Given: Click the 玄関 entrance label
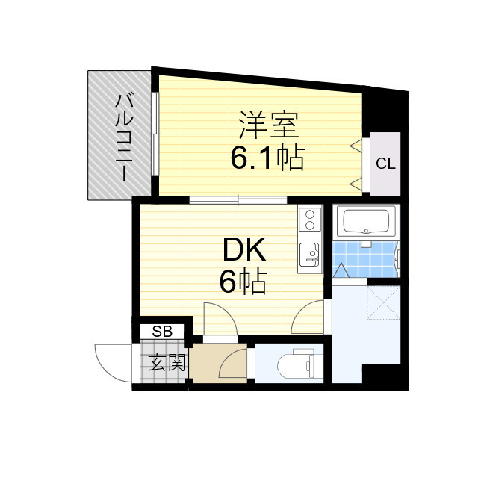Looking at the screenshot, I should click(167, 364).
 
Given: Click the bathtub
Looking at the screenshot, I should click(366, 222).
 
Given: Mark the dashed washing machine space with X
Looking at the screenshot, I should click(384, 303).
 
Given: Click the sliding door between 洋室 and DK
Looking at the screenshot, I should click(238, 199).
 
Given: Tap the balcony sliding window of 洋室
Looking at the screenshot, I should click(154, 134).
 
